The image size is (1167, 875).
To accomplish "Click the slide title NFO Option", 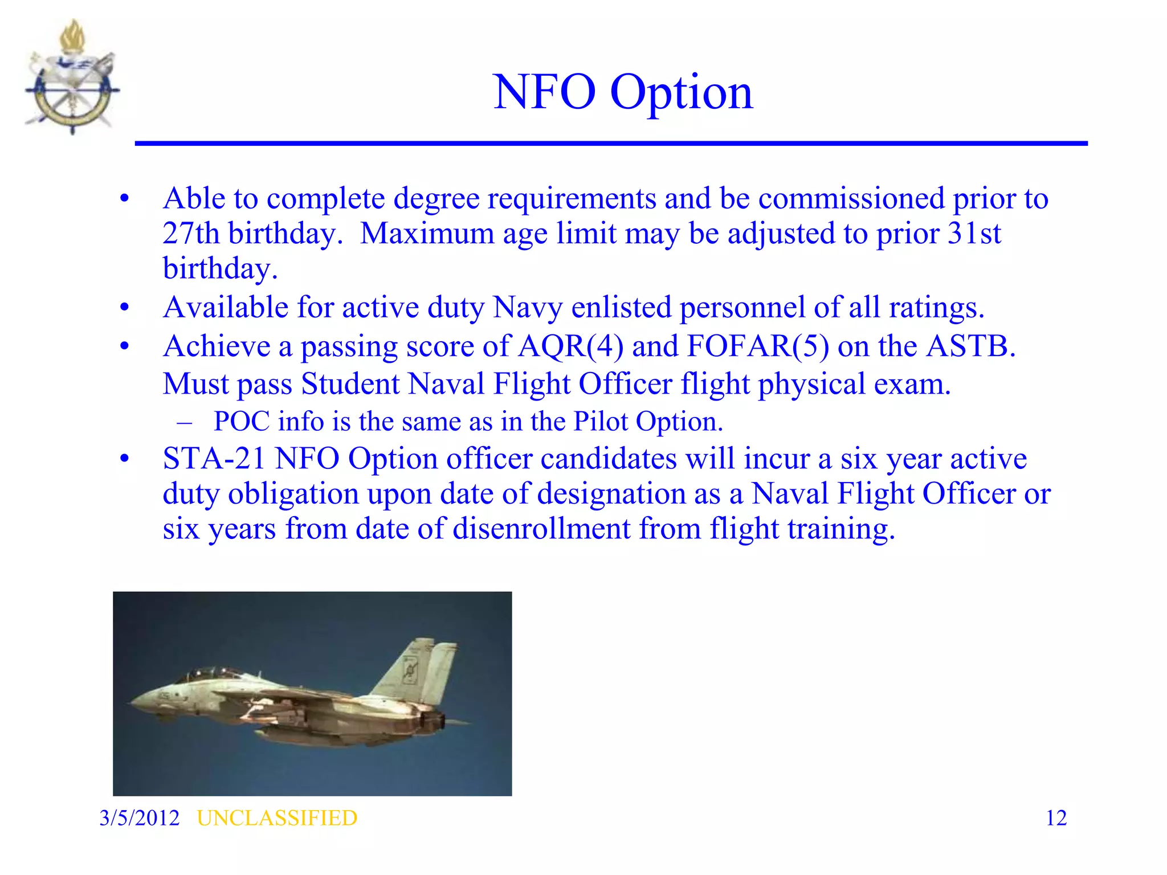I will [x=623, y=92].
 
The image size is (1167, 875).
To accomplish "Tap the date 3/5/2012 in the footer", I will [x=139, y=818].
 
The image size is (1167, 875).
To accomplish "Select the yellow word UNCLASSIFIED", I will [x=277, y=818].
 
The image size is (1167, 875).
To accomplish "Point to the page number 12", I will [x=1056, y=818].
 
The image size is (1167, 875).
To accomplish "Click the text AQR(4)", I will [x=570, y=346].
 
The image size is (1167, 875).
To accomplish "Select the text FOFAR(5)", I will [x=758, y=346].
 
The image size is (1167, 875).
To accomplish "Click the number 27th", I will [x=190, y=234].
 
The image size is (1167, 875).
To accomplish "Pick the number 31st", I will [x=974, y=234].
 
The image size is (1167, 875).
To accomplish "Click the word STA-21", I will [x=214, y=459].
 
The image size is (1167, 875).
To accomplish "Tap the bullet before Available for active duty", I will [x=125, y=308].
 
